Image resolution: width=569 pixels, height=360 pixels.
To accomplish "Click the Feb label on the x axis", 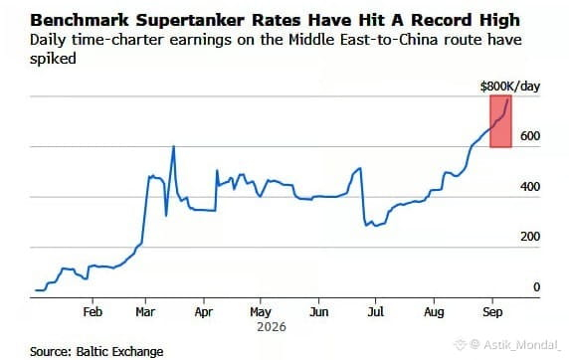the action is tap(93, 311).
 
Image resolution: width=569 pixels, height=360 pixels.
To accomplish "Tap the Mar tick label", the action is tap(145, 311).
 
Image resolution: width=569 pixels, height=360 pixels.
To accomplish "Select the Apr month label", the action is tap(204, 312).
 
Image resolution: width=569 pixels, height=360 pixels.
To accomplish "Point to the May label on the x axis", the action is tap(261, 312).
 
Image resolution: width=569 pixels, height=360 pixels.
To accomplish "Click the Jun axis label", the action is tap(319, 311).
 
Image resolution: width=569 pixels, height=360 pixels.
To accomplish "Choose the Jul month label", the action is tap(376, 311).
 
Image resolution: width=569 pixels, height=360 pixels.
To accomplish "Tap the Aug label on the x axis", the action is tap(434, 312).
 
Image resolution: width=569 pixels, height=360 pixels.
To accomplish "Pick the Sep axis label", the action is tap(492, 312).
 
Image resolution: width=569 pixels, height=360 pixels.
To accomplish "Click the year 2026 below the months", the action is tap(272, 327).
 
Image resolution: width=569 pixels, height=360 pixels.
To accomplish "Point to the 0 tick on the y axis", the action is tap(536, 287).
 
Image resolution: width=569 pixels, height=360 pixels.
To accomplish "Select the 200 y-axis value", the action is tap(530, 237).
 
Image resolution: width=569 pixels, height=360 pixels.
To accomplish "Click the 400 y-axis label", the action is tap(530, 187).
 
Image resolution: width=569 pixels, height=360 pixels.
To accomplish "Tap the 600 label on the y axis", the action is tap(530, 136).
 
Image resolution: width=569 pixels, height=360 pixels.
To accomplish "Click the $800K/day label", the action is tap(510, 87).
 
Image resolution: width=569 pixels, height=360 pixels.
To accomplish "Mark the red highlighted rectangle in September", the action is tap(500, 121).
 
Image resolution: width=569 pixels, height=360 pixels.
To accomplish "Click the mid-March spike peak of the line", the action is tap(173, 146).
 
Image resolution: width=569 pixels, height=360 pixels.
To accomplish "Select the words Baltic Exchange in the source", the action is tap(119, 351).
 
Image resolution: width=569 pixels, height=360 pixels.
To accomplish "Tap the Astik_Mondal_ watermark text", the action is tap(522, 345).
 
